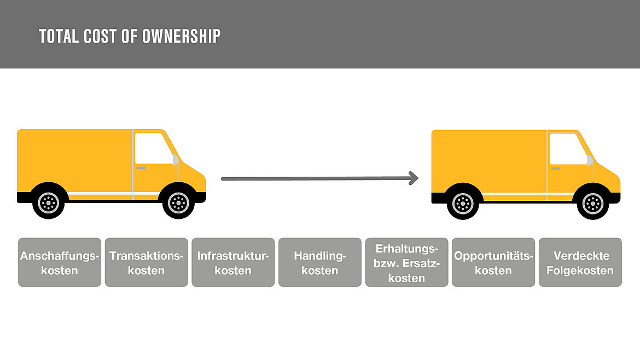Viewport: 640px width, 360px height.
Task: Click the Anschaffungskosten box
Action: click(x=60, y=263)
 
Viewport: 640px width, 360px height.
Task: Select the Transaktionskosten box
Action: click(x=147, y=263)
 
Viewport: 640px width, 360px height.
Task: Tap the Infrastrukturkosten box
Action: click(x=233, y=263)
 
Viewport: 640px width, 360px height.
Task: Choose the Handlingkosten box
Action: click(x=320, y=263)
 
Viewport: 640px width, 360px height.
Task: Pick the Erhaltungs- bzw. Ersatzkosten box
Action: click(x=406, y=263)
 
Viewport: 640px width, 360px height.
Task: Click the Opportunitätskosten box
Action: click(x=493, y=263)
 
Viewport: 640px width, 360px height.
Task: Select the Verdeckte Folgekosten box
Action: click(x=580, y=263)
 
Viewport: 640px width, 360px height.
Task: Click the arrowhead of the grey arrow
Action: click(x=414, y=178)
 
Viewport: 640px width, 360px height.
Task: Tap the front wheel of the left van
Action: click(x=178, y=202)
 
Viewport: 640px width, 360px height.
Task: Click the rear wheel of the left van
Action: click(x=48, y=202)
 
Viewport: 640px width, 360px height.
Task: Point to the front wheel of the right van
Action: click(x=592, y=204)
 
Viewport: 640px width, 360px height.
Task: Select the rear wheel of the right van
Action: click(x=463, y=204)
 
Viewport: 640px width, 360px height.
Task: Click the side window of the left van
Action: click(x=153, y=148)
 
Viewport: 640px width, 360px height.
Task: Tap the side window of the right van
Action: click(x=568, y=149)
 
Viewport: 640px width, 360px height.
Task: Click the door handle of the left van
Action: click(x=141, y=168)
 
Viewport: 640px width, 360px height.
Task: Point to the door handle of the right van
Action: click(x=556, y=169)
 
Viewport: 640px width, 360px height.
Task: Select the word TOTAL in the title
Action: click(x=59, y=36)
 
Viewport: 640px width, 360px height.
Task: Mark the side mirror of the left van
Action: click(x=176, y=160)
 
